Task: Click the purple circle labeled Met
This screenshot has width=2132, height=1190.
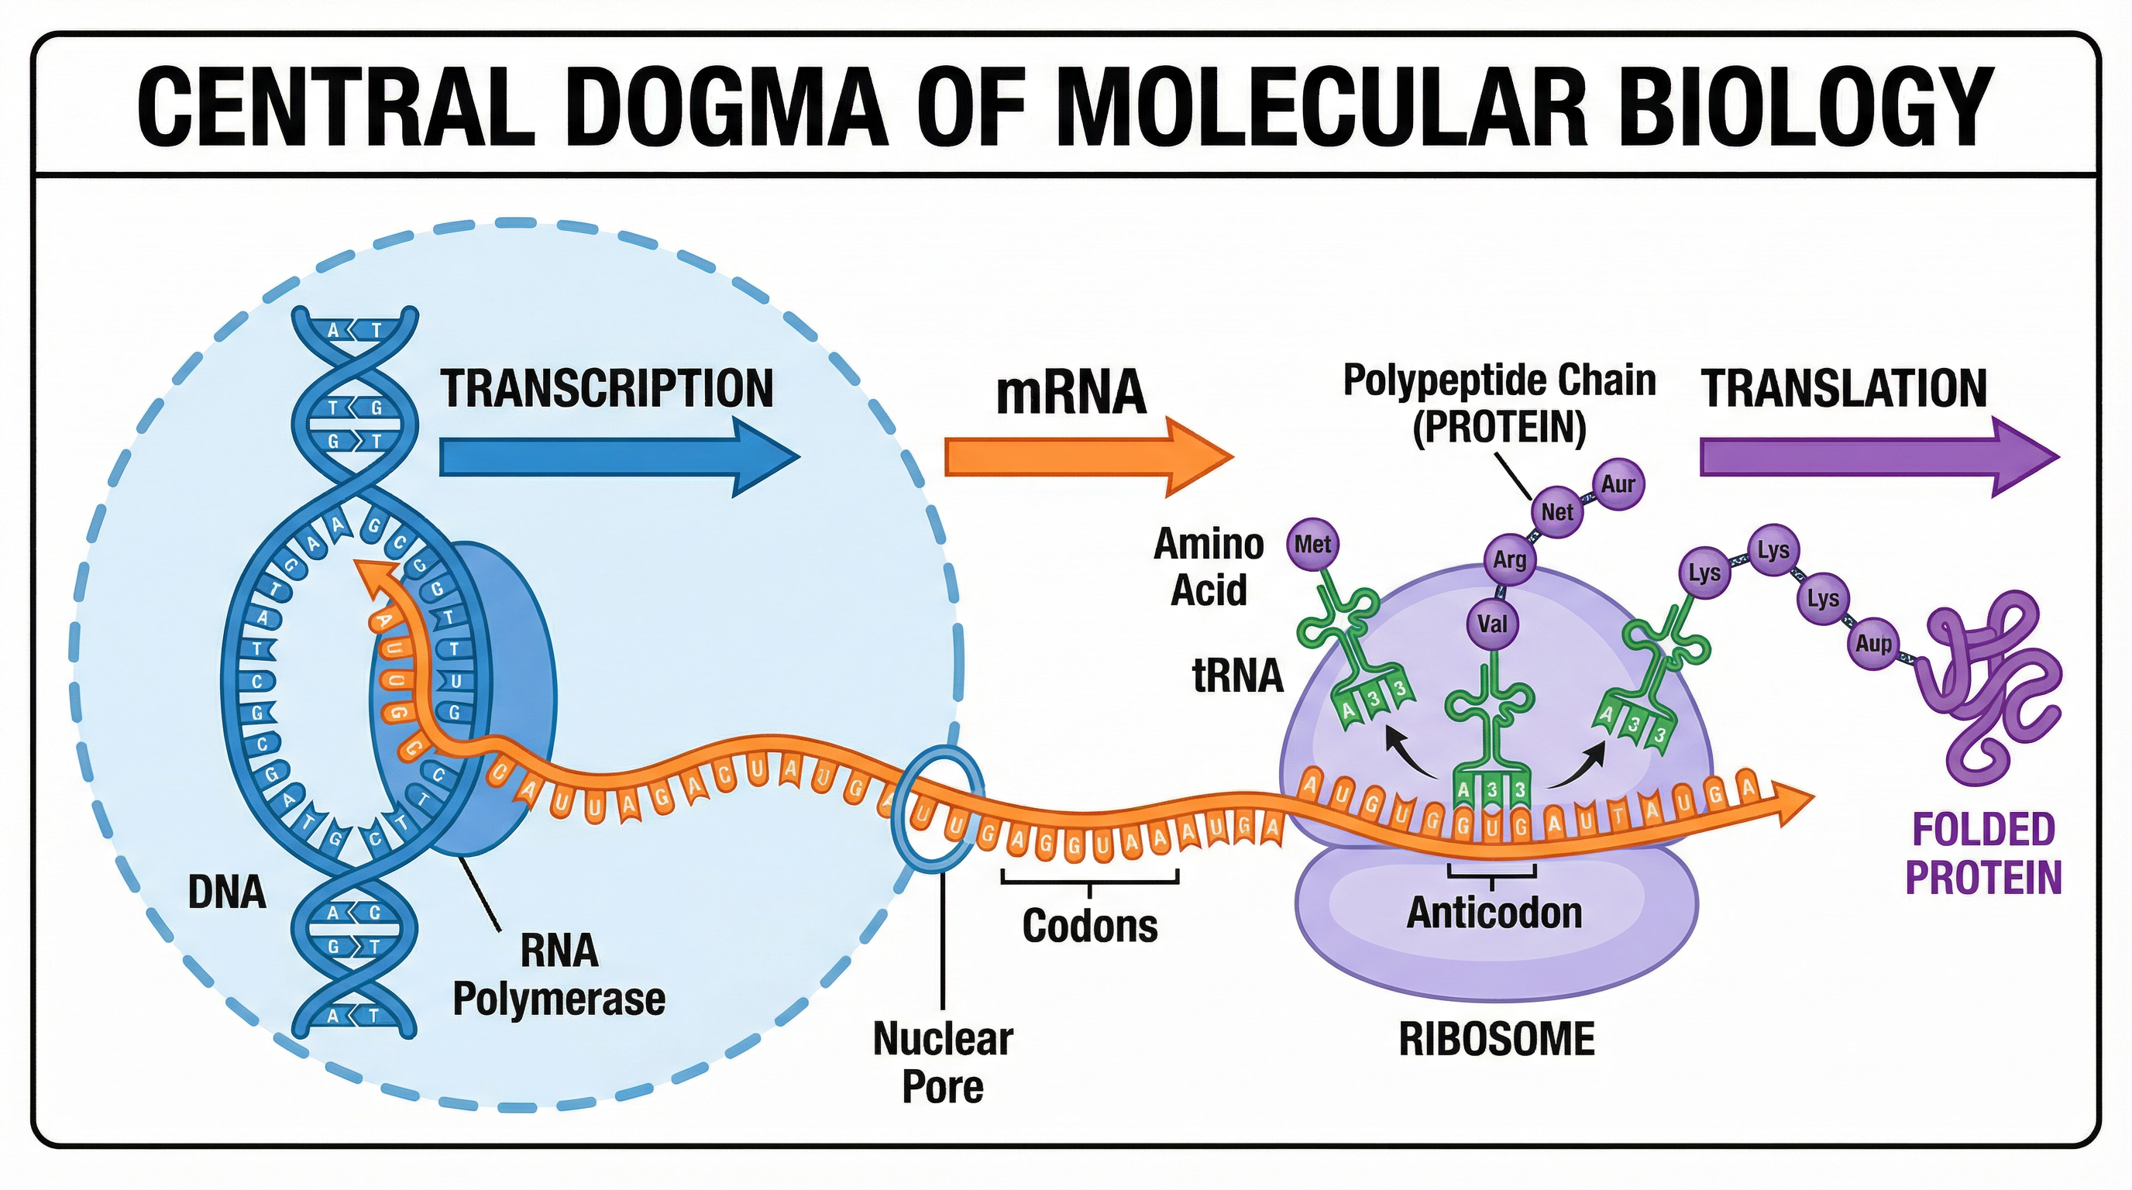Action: tap(1312, 545)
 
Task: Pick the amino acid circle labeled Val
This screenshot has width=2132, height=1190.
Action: tap(1492, 623)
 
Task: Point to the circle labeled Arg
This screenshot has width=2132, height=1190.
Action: tap(1509, 559)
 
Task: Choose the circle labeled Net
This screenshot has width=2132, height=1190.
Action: tap(1556, 512)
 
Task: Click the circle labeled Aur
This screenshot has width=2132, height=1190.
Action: tap(1618, 484)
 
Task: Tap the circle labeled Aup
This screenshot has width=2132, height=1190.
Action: tap(1873, 643)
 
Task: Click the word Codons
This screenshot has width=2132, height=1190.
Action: tap(1089, 925)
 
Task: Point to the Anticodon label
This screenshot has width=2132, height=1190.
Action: tap(1494, 913)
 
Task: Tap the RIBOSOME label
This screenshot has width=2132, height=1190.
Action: tap(1497, 1040)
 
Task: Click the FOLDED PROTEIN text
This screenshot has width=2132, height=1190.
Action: tap(1983, 853)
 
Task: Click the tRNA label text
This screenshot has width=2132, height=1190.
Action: tap(1237, 676)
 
